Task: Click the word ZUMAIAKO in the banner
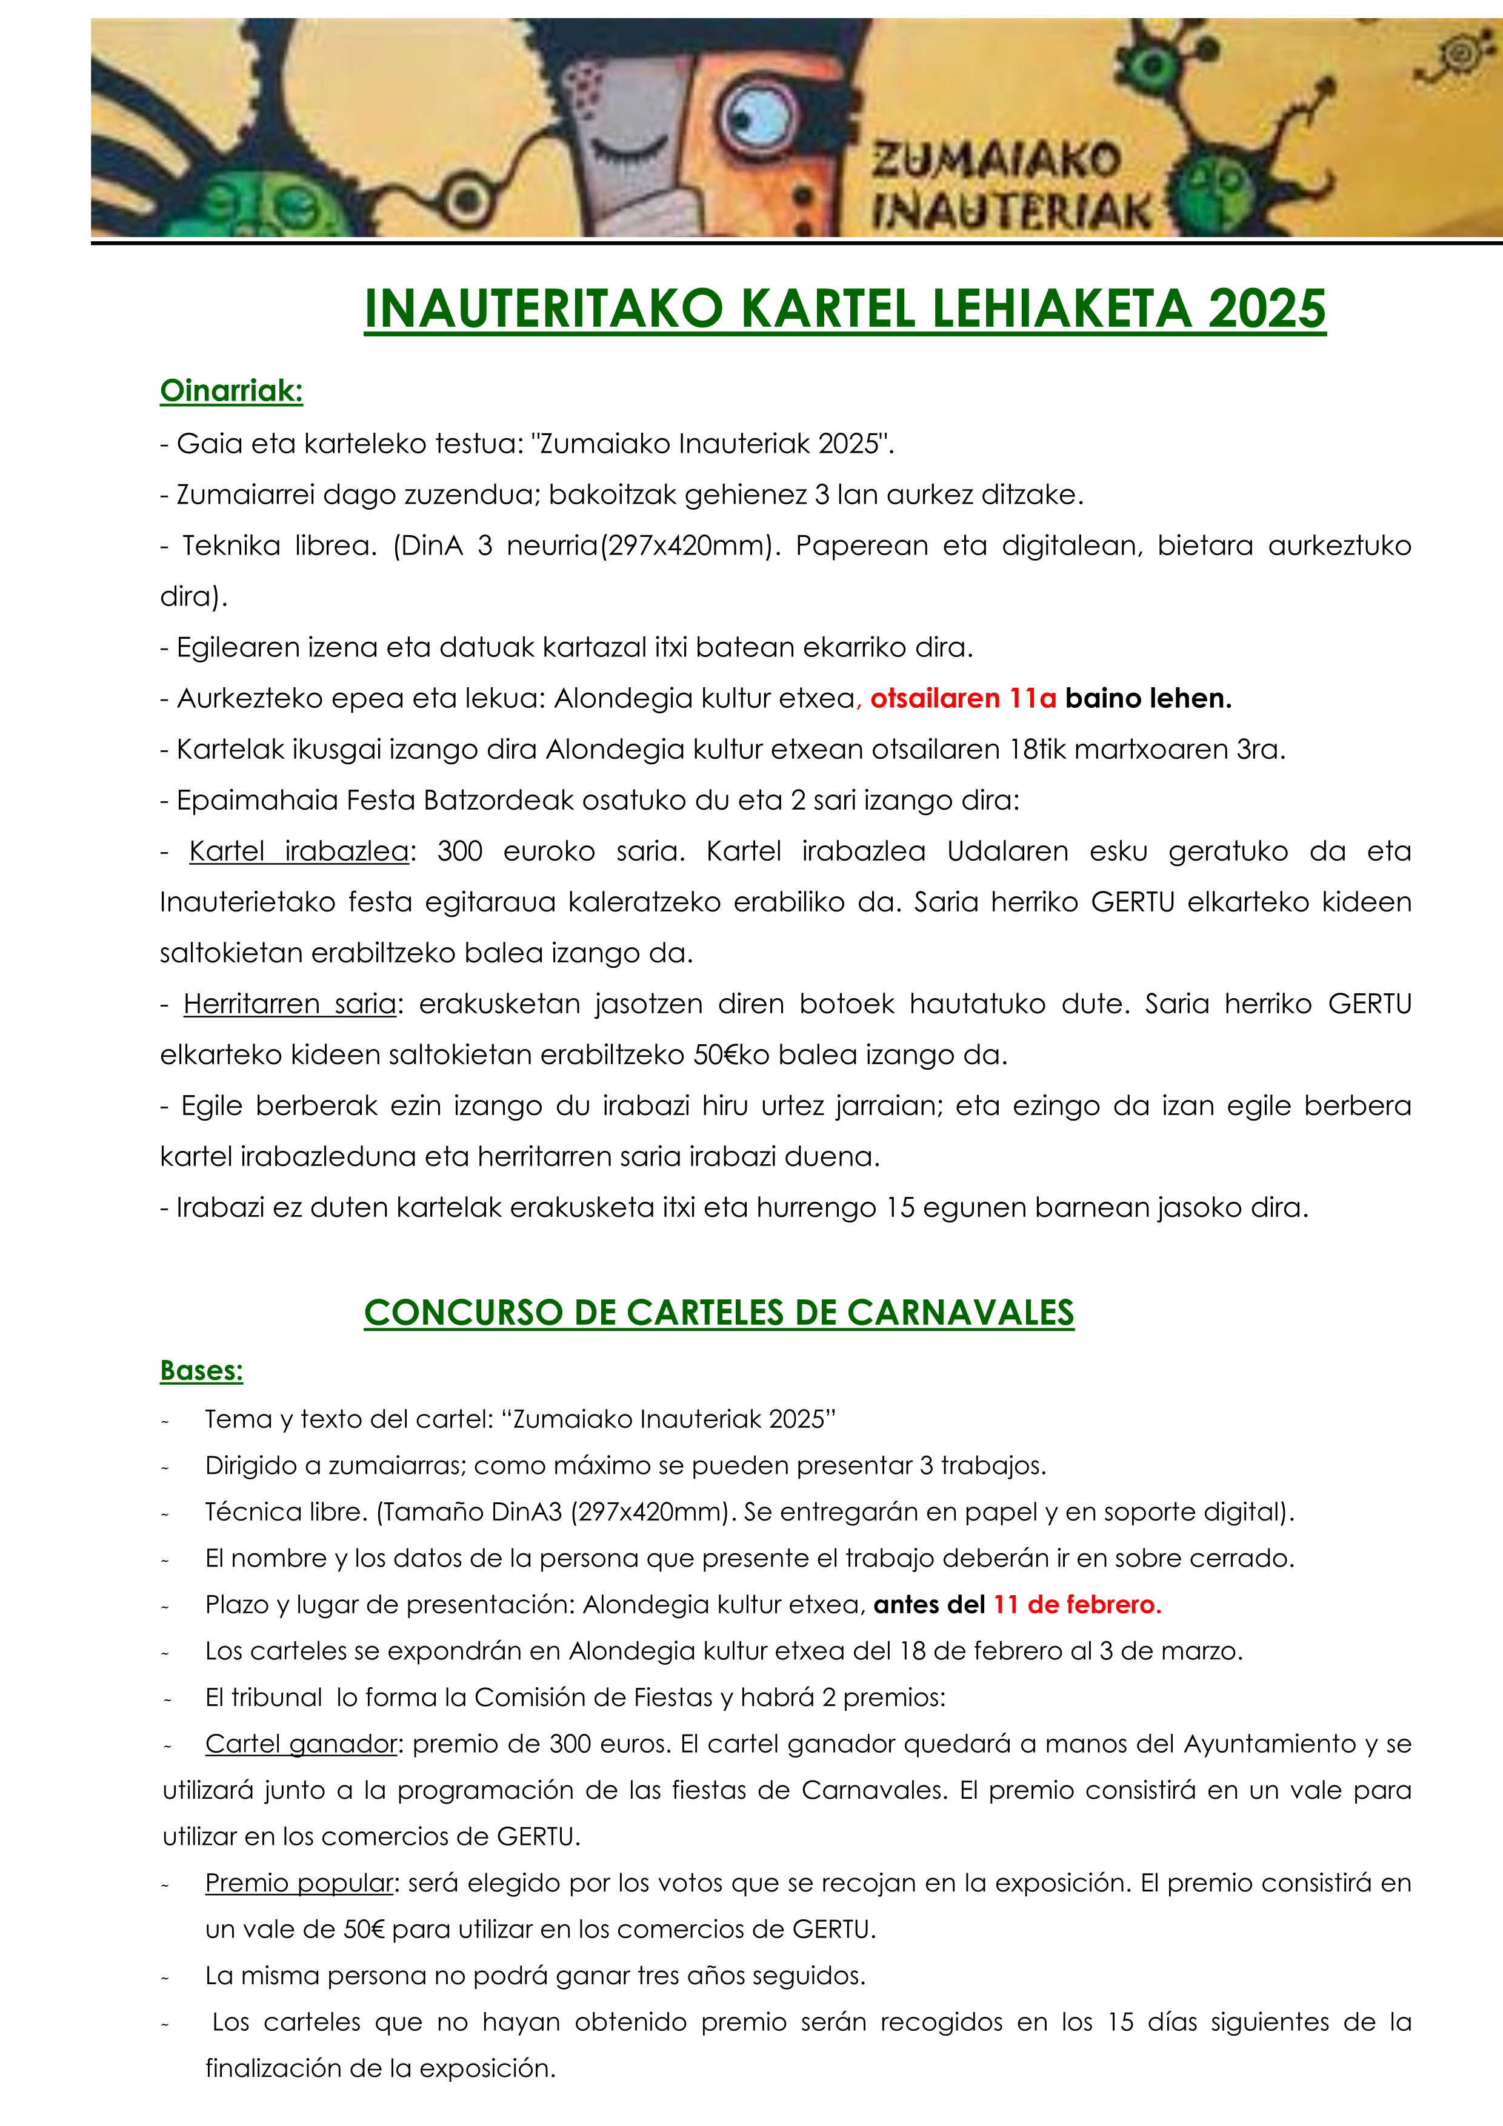[x=996, y=162]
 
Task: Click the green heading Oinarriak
[x=232, y=391]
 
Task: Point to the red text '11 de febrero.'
[x=1077, y=1605]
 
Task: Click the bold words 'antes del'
[x=929, y=1605]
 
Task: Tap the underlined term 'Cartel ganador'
[x=301, y=1744]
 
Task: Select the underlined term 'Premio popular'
[x=300, y=1882]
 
